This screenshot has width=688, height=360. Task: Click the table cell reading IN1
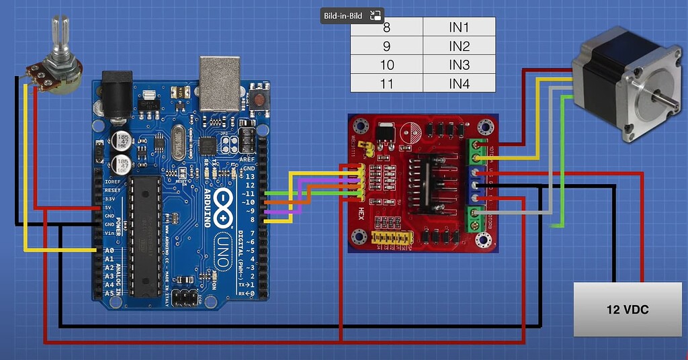pyautogui.click(x=459, y=28)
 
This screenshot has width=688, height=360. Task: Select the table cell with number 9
pyautogui.click(x=386, y=46)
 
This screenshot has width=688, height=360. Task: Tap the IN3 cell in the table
pyautogui.click(x=459, y=65)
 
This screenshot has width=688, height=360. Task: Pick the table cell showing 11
pyautogui.click(x=386, y=83)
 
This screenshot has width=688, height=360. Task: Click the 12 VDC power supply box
pyautogui.click(x=627, y=310)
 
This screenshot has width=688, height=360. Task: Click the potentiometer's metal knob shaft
pyautogui.click(x=58, y=38)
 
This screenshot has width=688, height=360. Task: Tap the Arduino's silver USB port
pyautogui.click(x=219, y=83)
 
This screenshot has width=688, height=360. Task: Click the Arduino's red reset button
pyautogui.click(x=259, y=101)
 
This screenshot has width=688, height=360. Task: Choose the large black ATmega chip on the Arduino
pyautogui.click(x=145, y=235)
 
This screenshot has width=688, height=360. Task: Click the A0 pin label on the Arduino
pyautogui.click(x=109, y=251)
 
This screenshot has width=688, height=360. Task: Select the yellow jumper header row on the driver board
pyautogui.click(x=390, y=238)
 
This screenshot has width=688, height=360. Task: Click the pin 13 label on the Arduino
pyautogui.click(x=249, y=176)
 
